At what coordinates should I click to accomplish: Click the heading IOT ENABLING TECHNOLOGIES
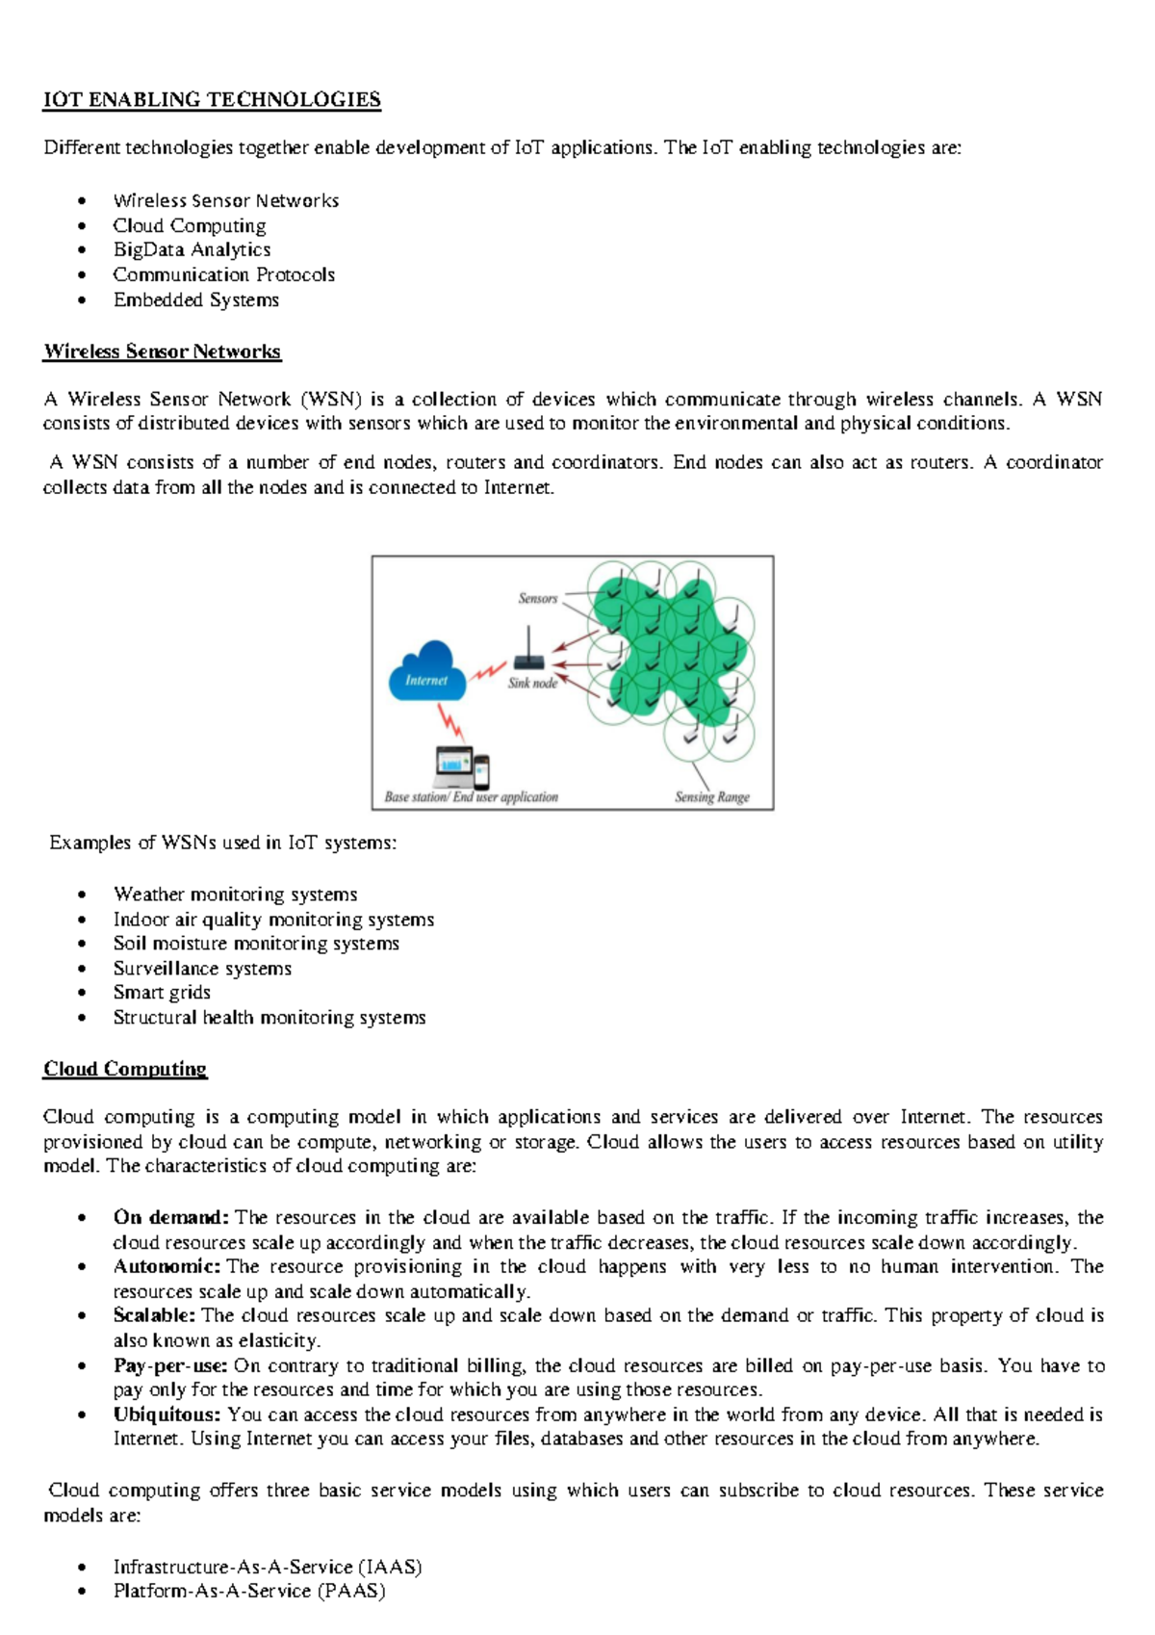click(x=212, y=100)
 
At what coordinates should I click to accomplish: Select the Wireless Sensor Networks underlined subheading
click(x=162, y=351)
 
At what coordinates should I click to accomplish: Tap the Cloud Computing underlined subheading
click(x=125, y=1069)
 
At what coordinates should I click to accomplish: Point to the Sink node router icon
click(x=528, y=654)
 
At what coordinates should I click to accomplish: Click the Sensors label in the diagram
click(x=537, y=598)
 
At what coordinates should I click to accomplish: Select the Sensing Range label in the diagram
click(x=711, y=796)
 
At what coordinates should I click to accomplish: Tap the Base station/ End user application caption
click(x=471, y=796)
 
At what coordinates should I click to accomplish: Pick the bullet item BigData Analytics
click(x=192, y=249)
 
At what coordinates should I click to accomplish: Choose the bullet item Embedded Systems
click(x=195, y=299)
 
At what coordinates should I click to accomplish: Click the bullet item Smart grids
click(x=162, y=993)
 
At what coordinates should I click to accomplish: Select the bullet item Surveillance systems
click(x=202, y=969)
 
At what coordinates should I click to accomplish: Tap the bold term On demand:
click(x=170, y=1217)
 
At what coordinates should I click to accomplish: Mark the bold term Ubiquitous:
click(x=167, y=1414)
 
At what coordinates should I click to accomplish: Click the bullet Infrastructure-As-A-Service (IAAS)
click(x=268, y=1567)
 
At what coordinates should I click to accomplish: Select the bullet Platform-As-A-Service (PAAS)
click(x=249, y=1591)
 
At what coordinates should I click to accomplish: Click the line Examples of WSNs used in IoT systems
click(x=222, y=843)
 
